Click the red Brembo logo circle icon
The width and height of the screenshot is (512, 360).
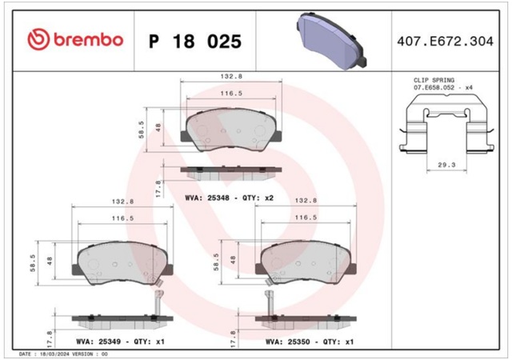click(x=38, y=39)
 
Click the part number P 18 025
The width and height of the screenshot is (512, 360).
click(x=195, y=42)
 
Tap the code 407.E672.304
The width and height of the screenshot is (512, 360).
click(x=445, y=42)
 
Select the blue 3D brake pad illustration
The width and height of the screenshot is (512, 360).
click(x=331, y=41)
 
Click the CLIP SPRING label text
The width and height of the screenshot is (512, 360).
click(x=434, y=80)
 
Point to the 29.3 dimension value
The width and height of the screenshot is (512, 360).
click(x=446, y=165)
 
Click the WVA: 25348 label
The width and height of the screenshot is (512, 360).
click(x=206, y=198)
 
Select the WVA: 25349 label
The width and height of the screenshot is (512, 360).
click(x=98, y=342)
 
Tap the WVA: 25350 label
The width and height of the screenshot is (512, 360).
click(x=287, y=342)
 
